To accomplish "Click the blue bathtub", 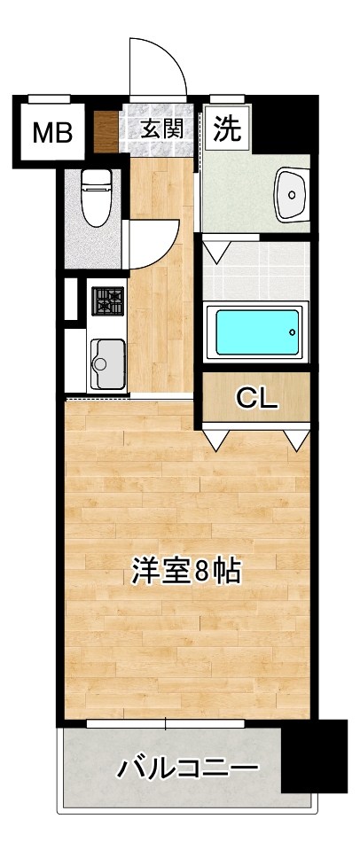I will pyautogui.click(x=255, y=331).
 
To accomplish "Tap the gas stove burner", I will pyautogui.click(x=107, y=300).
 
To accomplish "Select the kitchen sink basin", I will pyautogui.click(x=106, y=363).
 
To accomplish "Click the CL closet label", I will pyautogui.click(x=256, y=399).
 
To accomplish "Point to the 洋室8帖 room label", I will pyautogui.click(x=186, y=572).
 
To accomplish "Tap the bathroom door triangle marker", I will pyautogui.click(x=215, y=249).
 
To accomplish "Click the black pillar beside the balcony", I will pyautogui.click(x=314, y=756).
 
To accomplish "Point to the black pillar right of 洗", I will pyautogui.click(x=283, y=123).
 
